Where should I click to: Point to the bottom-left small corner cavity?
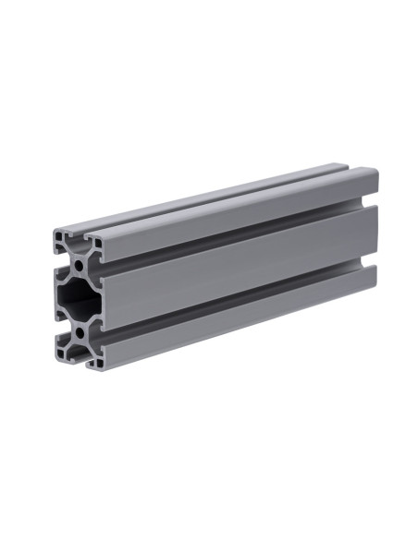pyautogui.click(x=62, y=350)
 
